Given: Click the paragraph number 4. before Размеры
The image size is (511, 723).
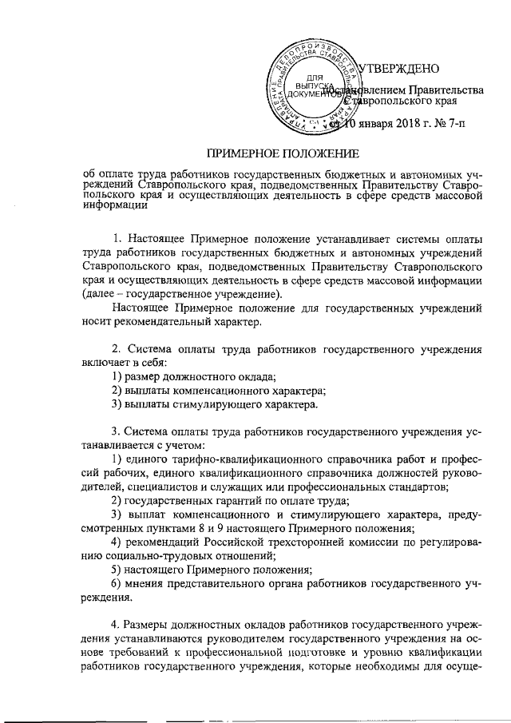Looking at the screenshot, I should coord(117,623).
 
